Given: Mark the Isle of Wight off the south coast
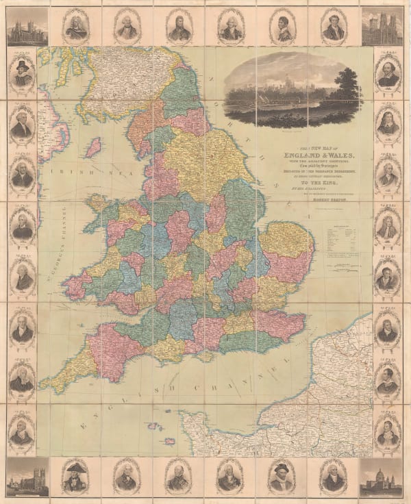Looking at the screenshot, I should click(x=203, y=356).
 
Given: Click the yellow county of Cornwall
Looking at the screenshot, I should click(x=68, y=370).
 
